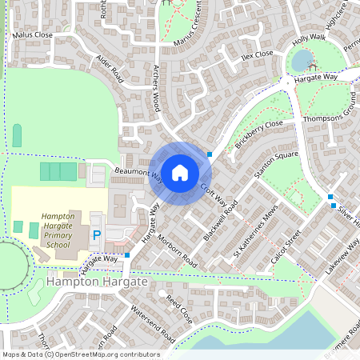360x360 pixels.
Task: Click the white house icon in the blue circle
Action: point(180,172)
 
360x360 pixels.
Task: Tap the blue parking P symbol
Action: point(97,235)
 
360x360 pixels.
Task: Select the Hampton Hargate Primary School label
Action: point(58,232)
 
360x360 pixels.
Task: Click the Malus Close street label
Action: point(33,35)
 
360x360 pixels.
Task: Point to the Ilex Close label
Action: point(257,54)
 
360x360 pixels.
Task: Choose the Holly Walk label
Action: point(309,38)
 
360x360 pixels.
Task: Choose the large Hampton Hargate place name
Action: point(97,282)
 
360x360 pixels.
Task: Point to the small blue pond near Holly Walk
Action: point(302,60)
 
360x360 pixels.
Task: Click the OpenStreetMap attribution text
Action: point(80,354)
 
